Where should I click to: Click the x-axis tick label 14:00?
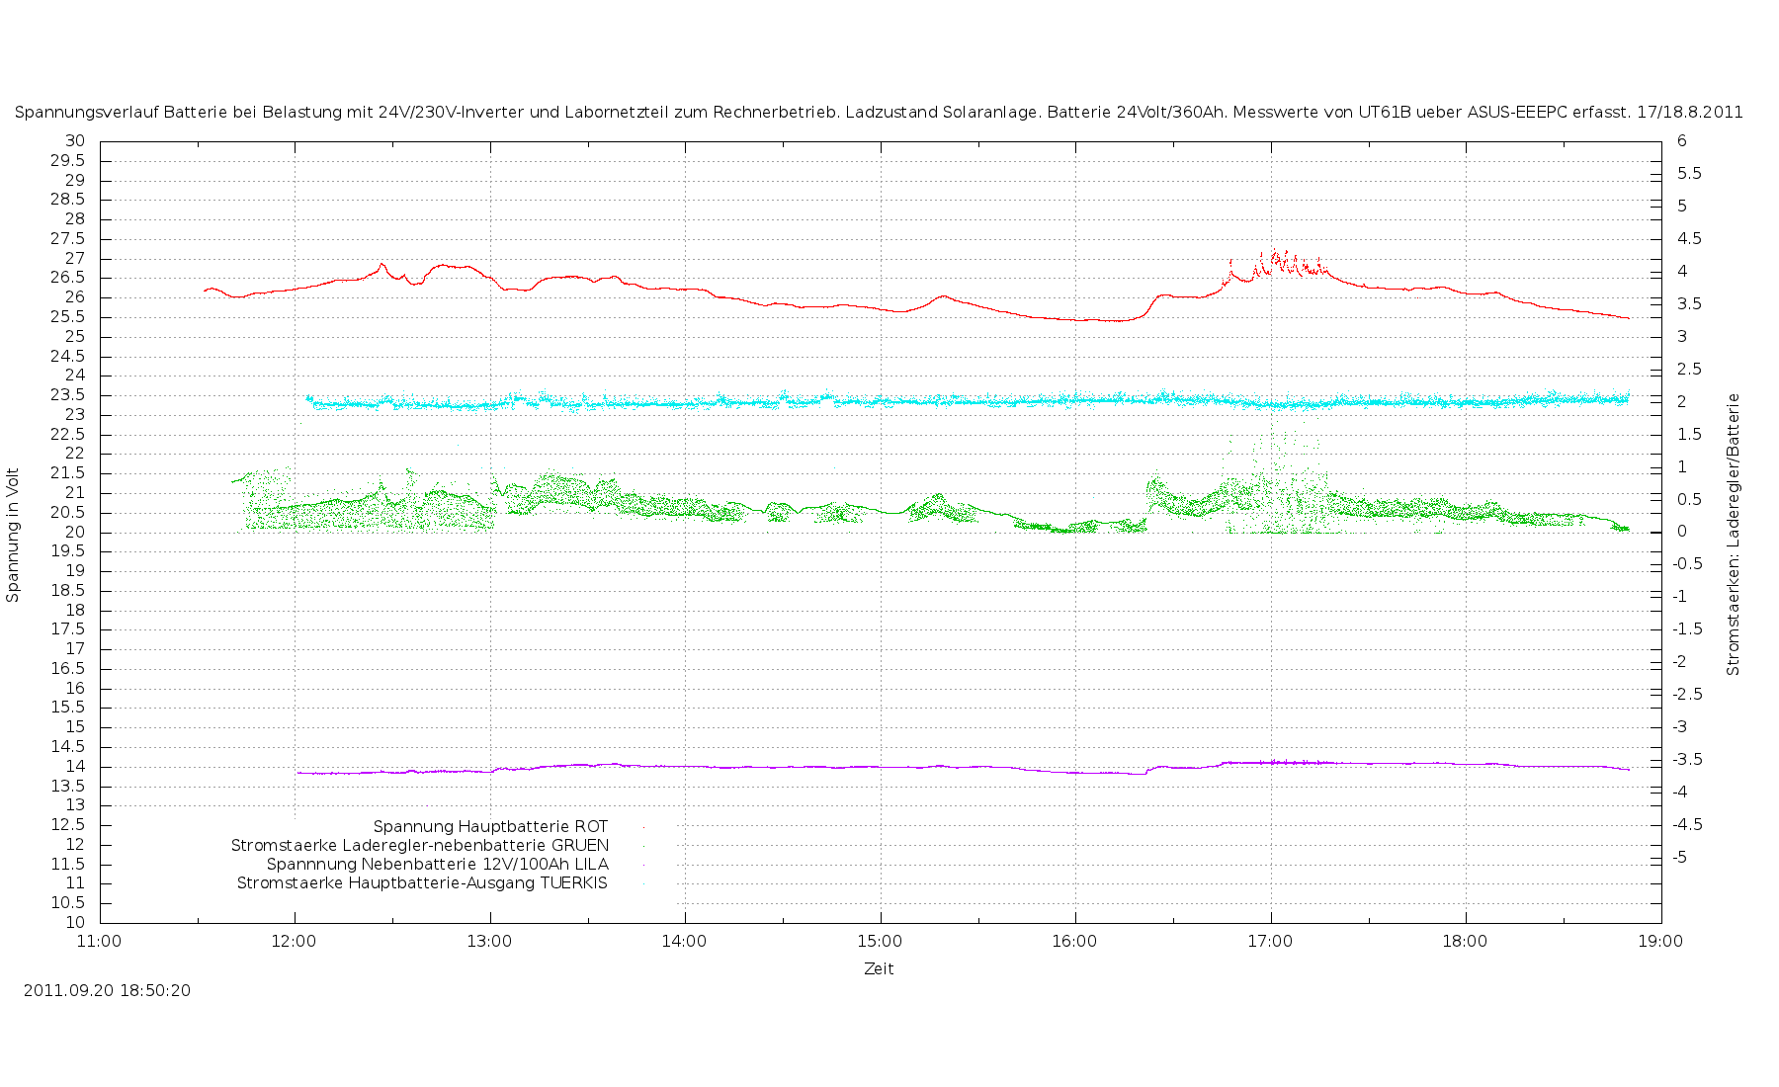pos(684,941)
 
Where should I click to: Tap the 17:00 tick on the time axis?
pos(1270,941)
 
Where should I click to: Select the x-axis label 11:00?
pos(99,941)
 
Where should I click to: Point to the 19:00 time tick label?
pos(1660,941)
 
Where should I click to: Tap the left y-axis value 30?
pos(75,141)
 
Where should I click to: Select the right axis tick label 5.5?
pos(1688,174)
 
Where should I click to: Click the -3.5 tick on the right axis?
pos(1687,760)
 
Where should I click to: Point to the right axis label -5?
pos(1680,857)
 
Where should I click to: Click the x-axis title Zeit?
pos(879,969)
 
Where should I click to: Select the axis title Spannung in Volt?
pos(13,535)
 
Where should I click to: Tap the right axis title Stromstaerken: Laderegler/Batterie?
pos(1733,535)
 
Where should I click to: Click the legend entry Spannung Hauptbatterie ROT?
pos(490,827)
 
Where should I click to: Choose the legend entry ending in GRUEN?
pos(420,846)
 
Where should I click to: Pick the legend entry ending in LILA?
pos(437,865)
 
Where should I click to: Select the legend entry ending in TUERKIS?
pos(422,883)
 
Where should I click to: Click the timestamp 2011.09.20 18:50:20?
pos(107,990)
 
